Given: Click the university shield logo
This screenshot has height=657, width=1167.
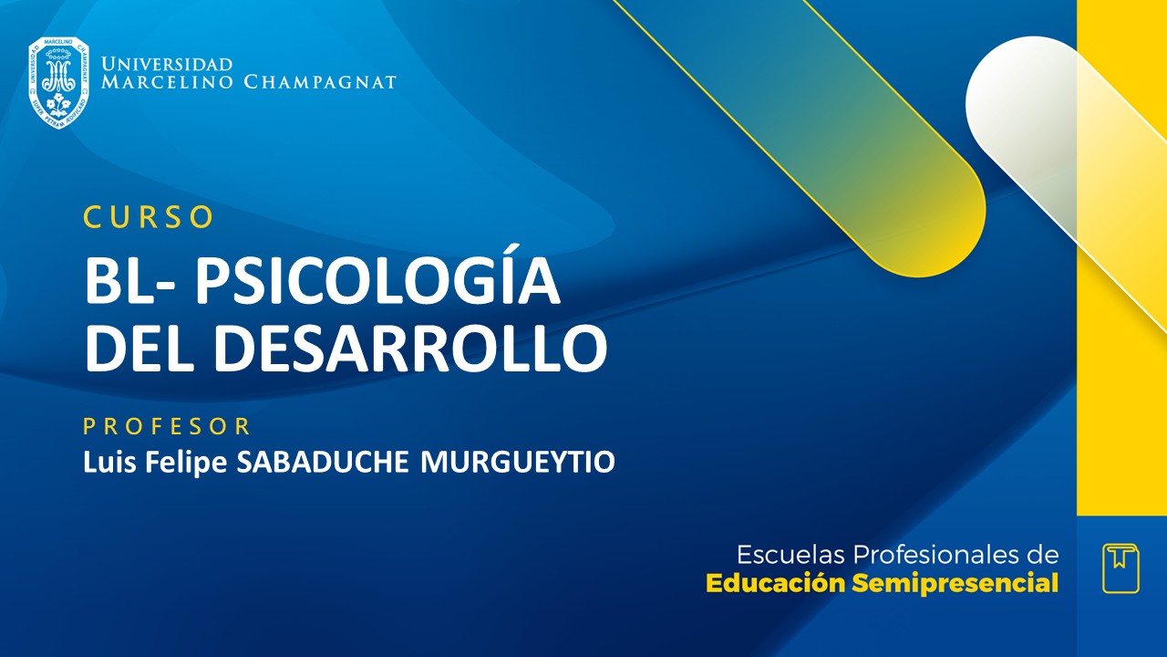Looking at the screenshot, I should click(58, 83).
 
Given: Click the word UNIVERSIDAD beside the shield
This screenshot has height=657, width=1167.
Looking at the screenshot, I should click(167, 65).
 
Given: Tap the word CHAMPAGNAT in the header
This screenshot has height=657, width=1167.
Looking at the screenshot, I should click(320, 83).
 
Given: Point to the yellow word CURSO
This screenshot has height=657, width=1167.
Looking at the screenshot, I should click(149, 217).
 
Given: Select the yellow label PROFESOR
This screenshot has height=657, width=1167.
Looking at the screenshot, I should click(167, 426).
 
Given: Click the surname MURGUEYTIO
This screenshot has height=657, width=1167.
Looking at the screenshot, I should click(518, 463).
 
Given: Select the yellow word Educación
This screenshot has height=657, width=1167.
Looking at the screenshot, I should click(776, 583).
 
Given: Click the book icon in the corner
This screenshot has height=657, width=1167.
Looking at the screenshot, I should click(1121, 568).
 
